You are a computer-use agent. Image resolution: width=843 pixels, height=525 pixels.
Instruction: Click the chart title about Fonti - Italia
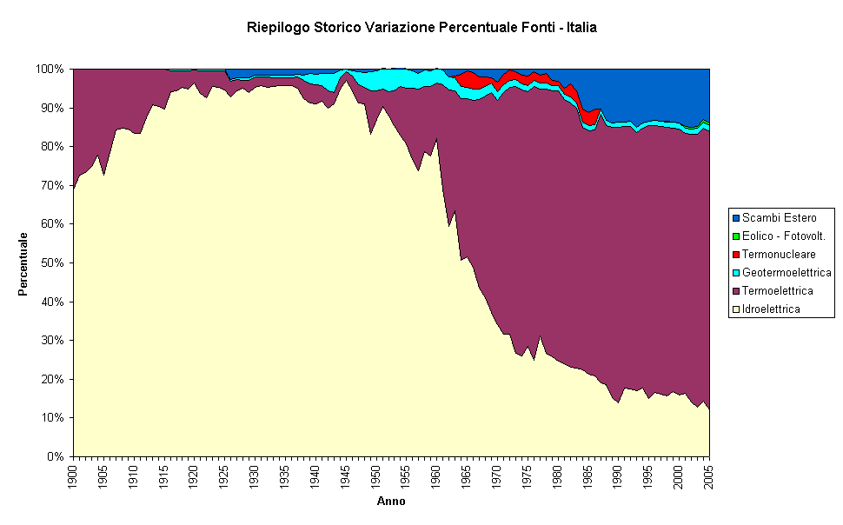pos(421,28)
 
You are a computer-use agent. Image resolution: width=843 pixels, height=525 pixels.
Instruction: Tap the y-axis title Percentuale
pos(23,263)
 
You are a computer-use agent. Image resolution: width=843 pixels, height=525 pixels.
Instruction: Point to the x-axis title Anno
pos(390,502)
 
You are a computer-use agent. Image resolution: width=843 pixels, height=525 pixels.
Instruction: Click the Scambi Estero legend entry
pos(779,217)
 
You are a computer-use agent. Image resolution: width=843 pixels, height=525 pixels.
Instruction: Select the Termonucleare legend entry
pos(778,254)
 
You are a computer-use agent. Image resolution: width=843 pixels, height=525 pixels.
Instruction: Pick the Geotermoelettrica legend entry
pos(787,272)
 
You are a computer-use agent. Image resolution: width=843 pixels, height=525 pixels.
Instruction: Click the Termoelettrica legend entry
pos(778,290)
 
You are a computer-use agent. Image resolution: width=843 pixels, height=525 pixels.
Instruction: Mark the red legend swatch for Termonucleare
pos(736,254)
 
